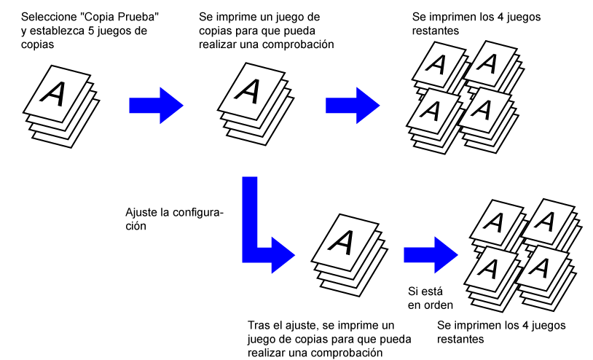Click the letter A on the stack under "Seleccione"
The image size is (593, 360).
[55, 93]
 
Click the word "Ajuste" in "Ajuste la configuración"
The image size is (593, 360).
[143, 212]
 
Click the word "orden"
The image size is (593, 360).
[438, 305]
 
